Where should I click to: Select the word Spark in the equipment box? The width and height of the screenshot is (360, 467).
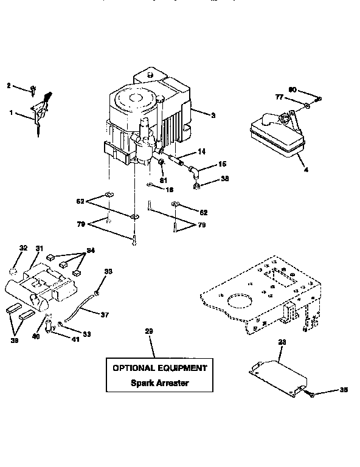point(144,383)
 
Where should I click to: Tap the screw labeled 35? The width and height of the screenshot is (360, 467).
point(311,395)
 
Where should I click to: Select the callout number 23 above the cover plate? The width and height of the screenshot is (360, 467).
point(282,343)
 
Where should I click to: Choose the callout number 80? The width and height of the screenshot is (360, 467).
point(292,90)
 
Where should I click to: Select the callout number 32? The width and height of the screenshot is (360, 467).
point(23,248)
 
